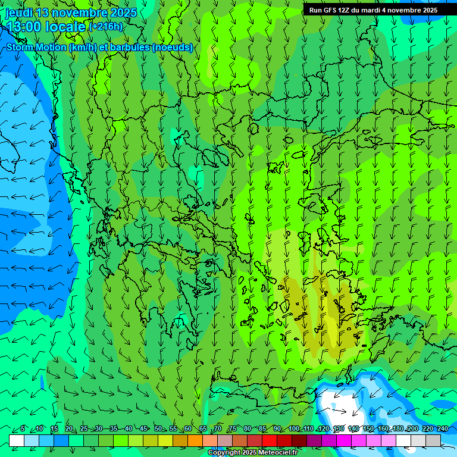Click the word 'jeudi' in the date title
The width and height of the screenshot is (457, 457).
tap(19, 12)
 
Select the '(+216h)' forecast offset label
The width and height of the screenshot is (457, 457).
tap(105, 27)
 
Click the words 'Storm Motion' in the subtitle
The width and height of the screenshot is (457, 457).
tap(36, 48)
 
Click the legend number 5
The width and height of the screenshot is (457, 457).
tap(23, 428)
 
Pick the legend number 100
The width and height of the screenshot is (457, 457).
tap(293, 428)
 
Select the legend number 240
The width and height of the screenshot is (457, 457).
tap(443, 428)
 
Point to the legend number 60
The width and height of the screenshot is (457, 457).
tap(187, 428)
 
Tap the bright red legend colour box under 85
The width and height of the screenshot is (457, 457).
tap(270, 440)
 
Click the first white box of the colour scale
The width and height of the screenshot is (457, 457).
tap(17, 440)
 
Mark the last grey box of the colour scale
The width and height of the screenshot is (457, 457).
tap(433, 440)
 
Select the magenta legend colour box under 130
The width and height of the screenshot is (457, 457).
tap(344, 440)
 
